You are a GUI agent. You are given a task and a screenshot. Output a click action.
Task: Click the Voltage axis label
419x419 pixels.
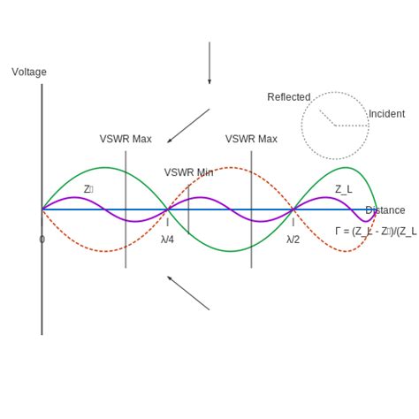point(29,72)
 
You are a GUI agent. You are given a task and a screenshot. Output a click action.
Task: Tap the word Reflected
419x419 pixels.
point(289,97)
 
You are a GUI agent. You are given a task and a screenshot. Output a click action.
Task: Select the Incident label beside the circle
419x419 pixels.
point(386,114)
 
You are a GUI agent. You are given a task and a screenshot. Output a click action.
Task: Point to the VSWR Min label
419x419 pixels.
point(188,172)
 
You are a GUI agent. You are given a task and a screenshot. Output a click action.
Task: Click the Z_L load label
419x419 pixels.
point(343,189)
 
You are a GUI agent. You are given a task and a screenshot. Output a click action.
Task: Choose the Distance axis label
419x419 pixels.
point(385,210)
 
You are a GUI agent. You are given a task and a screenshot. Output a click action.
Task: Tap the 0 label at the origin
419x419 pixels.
point(42,240)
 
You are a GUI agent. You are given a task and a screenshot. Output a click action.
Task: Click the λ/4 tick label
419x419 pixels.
point(167,240)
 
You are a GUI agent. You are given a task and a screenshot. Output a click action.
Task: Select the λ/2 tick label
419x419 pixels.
point(293,240)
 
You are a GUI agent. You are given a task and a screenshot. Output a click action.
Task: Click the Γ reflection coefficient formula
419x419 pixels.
point(376,232)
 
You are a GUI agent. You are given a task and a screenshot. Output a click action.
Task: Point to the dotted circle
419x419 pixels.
point(335,92)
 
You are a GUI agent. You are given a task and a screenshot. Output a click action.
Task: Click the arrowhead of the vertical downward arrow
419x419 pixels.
point(209,81)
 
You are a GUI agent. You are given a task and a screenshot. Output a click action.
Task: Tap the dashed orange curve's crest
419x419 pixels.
point(231,168)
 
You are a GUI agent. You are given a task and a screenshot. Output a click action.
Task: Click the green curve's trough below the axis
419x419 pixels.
point(231,251)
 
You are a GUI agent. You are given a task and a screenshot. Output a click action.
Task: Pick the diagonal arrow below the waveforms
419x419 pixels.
point(188,293)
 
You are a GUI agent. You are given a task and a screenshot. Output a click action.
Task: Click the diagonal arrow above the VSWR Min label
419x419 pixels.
point(188,126)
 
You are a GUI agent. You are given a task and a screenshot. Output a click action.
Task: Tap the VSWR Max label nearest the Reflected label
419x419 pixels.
point(251,139)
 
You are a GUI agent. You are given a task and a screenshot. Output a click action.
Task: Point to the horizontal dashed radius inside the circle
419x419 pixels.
point(351,126)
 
